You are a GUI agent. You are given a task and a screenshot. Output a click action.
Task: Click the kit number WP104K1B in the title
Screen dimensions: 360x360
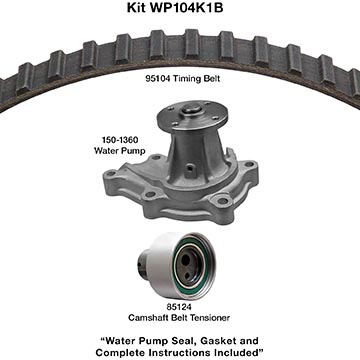[x=187, y=7]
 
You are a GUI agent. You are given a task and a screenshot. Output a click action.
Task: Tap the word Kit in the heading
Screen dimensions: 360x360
[x=137, y=7]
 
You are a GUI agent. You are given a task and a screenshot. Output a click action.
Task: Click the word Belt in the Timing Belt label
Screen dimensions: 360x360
[x=210, y=79]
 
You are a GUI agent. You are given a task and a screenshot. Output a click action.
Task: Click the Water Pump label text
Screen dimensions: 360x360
[x=120, y=151]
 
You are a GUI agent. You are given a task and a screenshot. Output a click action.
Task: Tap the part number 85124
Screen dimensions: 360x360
[x=179, y=306]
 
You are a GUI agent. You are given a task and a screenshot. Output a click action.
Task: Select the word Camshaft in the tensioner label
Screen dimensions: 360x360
[x=148, y=318]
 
